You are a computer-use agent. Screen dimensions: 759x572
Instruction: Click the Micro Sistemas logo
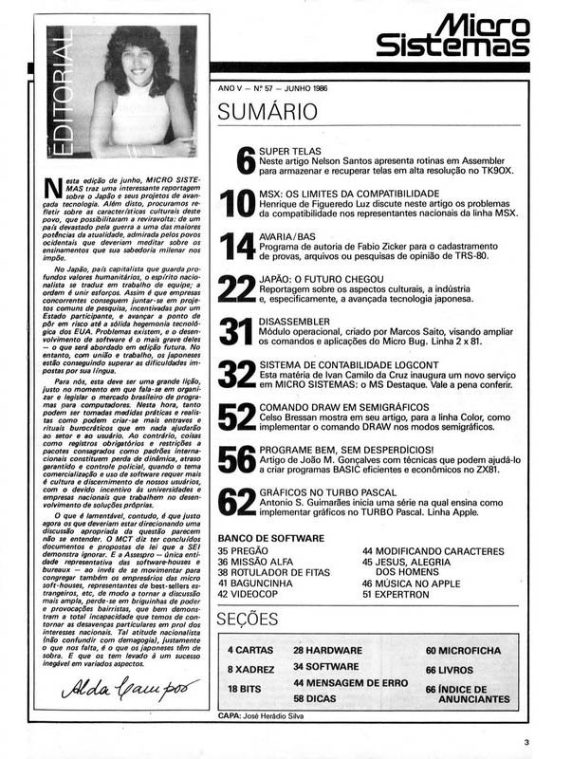(x=452, y=36)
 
